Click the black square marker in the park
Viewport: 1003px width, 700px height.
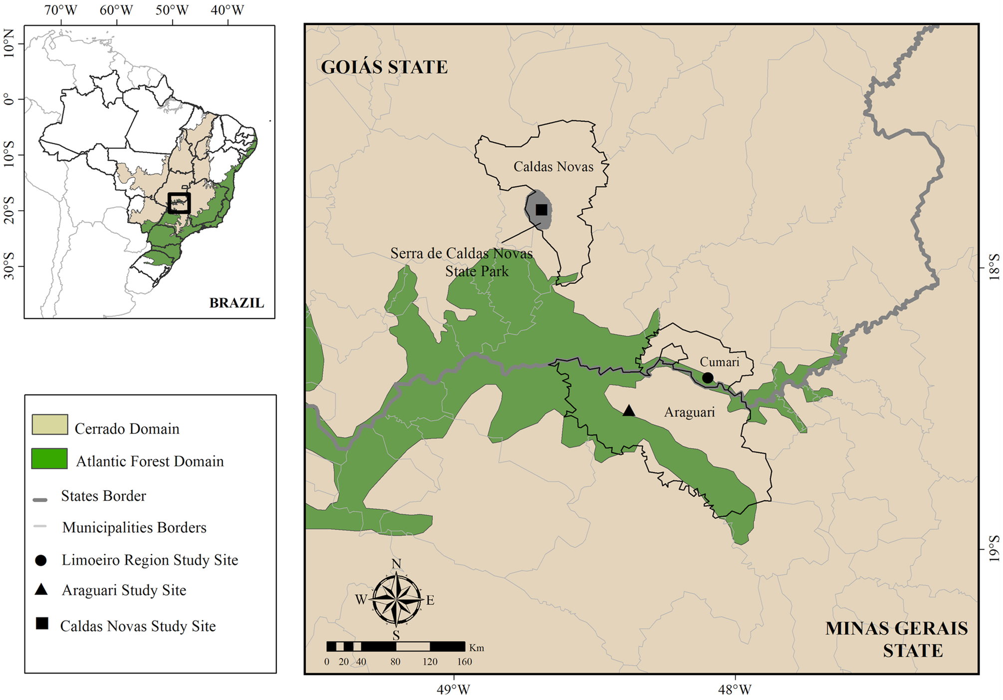541,210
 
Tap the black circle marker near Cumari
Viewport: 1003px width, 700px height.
708,378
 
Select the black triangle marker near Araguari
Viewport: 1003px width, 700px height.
629,411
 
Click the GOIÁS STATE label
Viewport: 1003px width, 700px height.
384,67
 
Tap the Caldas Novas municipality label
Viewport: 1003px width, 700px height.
553,167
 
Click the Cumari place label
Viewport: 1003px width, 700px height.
719,362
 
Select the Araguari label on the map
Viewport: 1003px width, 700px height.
689,412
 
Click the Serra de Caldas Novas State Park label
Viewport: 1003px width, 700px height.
462,262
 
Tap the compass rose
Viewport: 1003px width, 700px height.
396,600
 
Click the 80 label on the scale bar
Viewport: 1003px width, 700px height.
395,662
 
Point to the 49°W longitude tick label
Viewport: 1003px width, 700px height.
453,690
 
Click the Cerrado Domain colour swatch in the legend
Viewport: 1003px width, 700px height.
50,424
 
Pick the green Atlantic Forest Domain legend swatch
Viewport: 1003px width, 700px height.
50,458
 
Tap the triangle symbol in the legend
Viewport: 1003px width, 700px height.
41,590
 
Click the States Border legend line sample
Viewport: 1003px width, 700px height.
40,499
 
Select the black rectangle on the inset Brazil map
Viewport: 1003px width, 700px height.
179,203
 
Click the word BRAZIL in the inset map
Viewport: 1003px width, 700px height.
237,303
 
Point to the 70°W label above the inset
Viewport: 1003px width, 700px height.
60,10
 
